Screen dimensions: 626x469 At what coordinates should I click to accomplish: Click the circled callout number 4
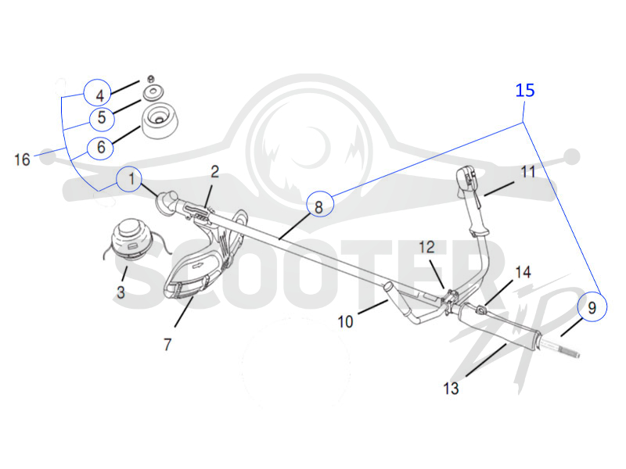97,92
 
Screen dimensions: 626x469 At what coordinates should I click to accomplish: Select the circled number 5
103,119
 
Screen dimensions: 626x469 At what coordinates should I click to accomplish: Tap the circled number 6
101,148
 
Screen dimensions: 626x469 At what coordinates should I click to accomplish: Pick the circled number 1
129,179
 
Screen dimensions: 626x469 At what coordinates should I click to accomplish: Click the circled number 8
319,204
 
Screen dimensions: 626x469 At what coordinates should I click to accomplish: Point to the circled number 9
592,307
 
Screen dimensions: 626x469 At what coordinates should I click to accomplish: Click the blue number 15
525,91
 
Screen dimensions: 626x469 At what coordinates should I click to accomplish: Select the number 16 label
23,160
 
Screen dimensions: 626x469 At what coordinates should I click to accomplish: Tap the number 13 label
452,388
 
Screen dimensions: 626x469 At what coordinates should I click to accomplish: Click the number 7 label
167,344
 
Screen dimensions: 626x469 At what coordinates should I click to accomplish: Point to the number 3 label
121,292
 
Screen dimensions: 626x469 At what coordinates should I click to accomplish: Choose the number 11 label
527,172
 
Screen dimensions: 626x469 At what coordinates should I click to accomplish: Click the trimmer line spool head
128,239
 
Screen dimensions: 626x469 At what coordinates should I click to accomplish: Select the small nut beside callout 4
151,78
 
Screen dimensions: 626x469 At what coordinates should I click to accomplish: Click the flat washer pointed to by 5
153,92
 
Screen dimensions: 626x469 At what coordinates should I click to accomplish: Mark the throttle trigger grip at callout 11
473,202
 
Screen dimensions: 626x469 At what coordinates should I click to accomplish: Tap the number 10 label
346,321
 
